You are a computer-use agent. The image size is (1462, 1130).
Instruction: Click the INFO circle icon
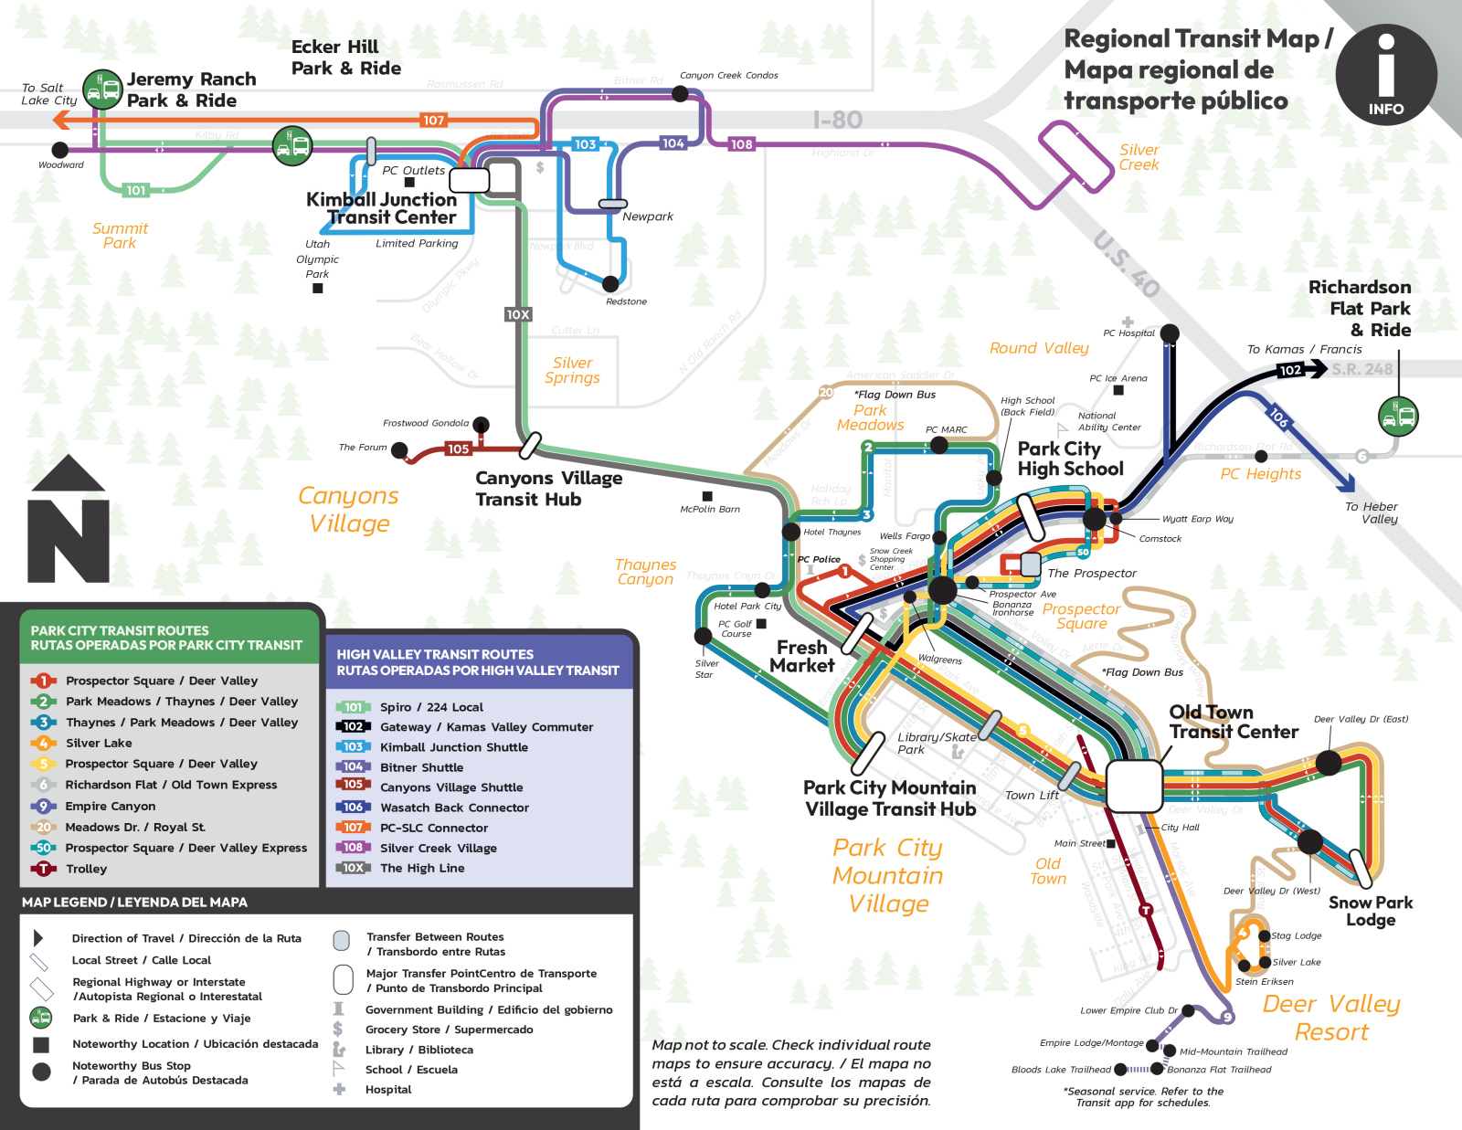tap(1385, 74)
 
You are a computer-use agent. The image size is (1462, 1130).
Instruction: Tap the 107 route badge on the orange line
tap(433, 120)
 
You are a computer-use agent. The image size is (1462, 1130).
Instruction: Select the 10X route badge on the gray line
tap(518, 314)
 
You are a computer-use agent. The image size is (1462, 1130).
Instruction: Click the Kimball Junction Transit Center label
tap(382, 208)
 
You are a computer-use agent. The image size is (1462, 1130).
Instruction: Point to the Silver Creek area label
tap(1139, 157)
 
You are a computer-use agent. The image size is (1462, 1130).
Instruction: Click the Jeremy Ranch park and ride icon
tap(102, 90)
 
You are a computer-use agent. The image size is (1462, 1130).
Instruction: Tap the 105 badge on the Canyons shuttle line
tap(458, 449)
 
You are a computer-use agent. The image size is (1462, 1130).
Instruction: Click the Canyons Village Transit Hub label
tap(548, 488)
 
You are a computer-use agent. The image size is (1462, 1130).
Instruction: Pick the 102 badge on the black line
tap(1290, 370)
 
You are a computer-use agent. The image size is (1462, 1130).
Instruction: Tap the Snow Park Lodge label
tap(1371, 911)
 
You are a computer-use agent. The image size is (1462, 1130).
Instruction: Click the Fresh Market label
tap(801, 656)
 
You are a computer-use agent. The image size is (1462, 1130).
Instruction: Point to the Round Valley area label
tap(1039, 348)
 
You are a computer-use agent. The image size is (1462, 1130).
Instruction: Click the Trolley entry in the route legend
tap(86, 869)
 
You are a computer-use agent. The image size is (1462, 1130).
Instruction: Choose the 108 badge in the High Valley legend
tap(353, 847)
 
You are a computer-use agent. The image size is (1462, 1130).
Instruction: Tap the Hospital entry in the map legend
tap(388, 1089)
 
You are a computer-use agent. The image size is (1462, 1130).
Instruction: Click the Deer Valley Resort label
tap(1331, 1018)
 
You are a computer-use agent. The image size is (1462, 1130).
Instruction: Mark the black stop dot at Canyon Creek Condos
tap(680, 93)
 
